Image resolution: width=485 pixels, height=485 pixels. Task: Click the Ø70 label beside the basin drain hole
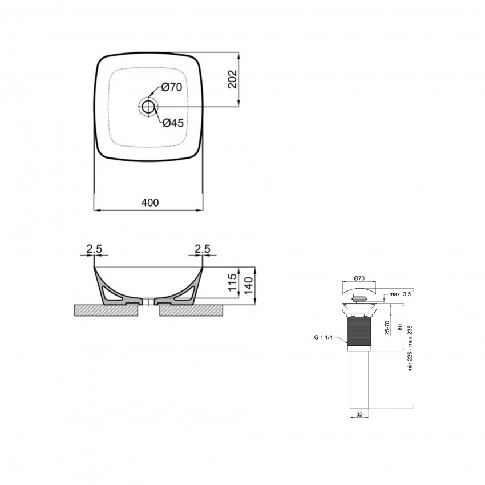point(171,87)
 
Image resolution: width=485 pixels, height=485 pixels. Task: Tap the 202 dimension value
point(232,80)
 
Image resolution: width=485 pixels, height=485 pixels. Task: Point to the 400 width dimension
point(149,203)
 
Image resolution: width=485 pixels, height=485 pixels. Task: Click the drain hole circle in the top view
point(149,106)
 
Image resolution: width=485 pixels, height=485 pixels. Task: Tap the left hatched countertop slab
point(106,310)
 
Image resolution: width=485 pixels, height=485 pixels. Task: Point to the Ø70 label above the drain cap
point(359,278)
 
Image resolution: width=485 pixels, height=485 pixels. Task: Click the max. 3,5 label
point(400,295)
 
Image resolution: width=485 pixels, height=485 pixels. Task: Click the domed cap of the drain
point(359,292)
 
